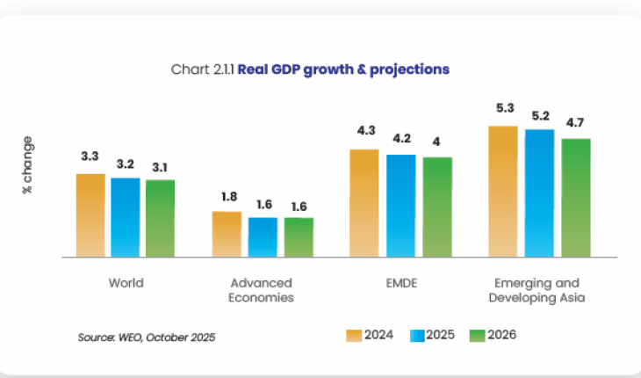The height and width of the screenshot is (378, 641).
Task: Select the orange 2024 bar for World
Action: point(90,215)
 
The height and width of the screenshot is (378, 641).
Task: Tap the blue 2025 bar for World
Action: point(126,217)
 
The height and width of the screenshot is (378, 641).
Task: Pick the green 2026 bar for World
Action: point(161,218)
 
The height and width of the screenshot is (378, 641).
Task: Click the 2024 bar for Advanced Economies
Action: point(227,234)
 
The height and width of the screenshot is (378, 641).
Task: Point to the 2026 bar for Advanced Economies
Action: point(299,237)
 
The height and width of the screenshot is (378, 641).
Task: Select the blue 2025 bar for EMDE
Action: point(401,206)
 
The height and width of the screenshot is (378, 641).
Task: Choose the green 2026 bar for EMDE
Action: point(437,207)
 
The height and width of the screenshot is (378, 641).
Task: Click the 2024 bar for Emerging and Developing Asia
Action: point(503,192)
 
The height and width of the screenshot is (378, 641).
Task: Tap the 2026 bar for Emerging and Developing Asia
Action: point(576,198)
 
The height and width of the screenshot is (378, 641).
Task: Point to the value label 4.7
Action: point(575,122)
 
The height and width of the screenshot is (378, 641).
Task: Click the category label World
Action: point(126,283)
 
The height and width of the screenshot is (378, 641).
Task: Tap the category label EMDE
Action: point(401,283)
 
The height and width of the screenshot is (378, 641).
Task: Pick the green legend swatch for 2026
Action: point(478,335)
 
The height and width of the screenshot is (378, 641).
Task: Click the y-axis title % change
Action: point(28,164)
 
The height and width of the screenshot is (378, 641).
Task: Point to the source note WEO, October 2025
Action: point(147,337)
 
